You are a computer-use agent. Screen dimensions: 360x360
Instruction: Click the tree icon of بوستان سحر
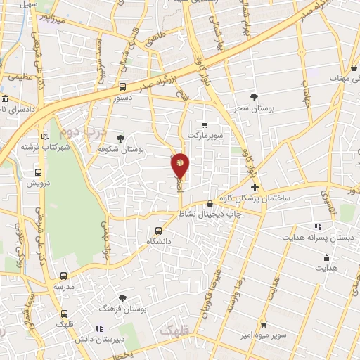pyautogui.click(x=254, y=96)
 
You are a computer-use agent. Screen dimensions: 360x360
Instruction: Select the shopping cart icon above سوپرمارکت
pyautogui.click(x=205, y=124)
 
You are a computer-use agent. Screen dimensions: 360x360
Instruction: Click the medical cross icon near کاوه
pyautogui.click(x=255, y=188)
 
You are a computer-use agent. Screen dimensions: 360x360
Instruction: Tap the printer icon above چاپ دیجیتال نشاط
pyautogui.click(x=209, y=203)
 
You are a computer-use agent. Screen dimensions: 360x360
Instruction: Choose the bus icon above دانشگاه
pyautogui.click(x=159, y=231)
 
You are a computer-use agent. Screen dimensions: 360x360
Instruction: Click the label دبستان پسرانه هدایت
pyautogui.click(x=316, y=237)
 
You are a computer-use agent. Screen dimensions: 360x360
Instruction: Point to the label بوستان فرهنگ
pyautogui.click(x=123, y=309)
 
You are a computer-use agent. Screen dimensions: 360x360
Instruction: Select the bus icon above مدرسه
pyautogui.click(x=64, y=276)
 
